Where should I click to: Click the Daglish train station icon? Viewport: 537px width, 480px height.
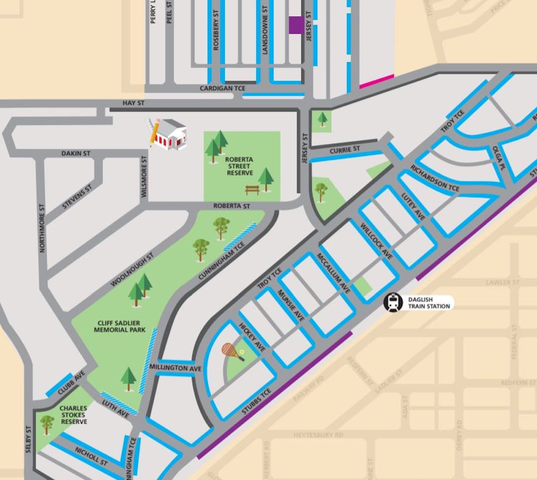(393, 302)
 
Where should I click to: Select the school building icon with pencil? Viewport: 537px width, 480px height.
(167, 133)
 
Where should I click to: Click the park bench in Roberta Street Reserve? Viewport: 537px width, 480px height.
(252, 190)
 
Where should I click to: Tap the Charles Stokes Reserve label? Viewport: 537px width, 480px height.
(74, 415)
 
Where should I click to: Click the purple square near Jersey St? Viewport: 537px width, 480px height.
(296, 25)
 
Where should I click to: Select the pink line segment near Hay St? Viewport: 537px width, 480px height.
(376, 81)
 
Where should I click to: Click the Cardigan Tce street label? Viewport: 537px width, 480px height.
(222, 88)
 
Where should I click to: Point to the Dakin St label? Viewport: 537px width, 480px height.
(76, 154)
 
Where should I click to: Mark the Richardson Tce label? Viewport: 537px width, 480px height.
(435, 178)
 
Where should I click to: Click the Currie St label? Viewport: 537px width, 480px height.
(344, 150)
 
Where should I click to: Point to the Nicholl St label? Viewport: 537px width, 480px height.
(91, 457)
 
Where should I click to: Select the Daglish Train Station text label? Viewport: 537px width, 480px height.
(429, 303)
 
